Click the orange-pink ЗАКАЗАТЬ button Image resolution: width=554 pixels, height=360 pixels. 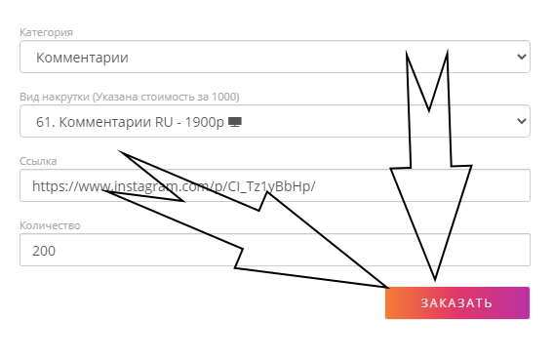pos(457,302)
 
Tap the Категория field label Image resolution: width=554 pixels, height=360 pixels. pos(46,32)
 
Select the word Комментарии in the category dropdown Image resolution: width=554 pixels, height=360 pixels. pos(82,58)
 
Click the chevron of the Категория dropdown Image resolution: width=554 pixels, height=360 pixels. pos(522,57)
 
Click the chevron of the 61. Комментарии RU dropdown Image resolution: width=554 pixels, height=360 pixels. pos(522,121)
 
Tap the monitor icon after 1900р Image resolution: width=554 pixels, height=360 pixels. pos(235,122)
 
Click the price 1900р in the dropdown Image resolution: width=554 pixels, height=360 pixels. pos(205,122)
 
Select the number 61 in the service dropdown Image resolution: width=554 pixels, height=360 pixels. pos(44,122)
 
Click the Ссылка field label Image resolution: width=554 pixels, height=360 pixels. pos(38,161)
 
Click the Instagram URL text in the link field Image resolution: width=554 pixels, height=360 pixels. pos(174,186)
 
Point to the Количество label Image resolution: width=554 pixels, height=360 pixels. pos(50,225)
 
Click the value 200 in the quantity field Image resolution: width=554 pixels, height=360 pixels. pos(44,251)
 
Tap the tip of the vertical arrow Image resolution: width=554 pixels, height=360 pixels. pos(435,281)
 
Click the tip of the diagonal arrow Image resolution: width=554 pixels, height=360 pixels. pos(388,287)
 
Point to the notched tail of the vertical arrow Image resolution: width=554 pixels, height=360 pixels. pos(428,110)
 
